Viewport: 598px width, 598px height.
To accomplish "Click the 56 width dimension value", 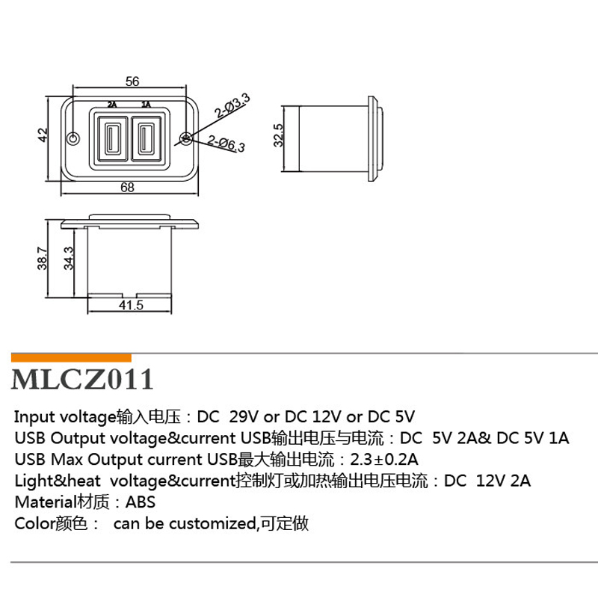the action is pos(132,81).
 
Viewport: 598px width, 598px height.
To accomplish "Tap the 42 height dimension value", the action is pos(43,135).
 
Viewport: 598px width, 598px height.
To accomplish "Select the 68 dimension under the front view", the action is pos(127,188).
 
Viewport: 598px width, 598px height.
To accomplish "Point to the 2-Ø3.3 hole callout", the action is pos(232,105).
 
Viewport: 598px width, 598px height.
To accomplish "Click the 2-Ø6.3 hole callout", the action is pos(226,144).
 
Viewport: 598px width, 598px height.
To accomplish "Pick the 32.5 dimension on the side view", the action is pos(278,135).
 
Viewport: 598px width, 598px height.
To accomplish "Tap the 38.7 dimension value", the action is pos(42,258).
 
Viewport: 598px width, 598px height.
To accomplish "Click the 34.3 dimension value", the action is pos(68,258).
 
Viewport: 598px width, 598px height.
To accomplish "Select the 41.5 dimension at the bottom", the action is pos(131,305).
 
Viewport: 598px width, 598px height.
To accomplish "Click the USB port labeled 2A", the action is pos(112,138).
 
